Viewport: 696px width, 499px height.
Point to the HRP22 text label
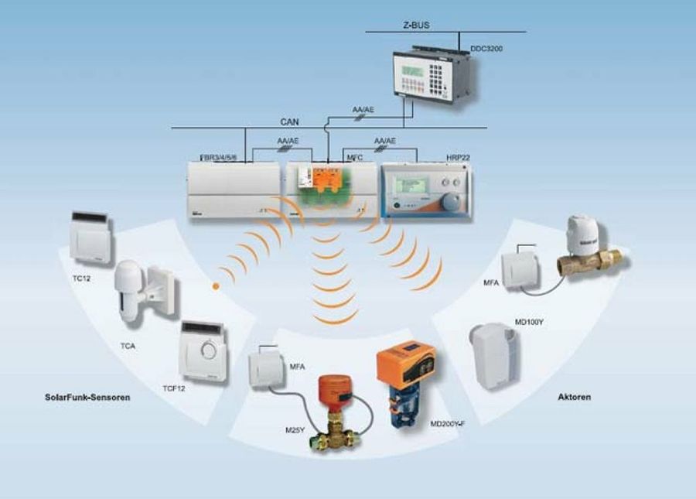(457, 157)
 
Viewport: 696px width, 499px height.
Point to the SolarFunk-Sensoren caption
(87, 398)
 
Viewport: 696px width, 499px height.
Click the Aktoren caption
(575, 398)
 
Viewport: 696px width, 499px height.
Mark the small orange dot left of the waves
(217, 287)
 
